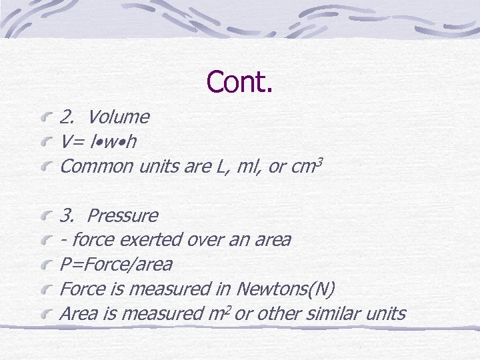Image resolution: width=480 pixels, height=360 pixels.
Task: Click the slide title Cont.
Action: (x=240, y=81)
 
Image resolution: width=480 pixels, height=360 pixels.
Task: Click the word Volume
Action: (x=119, y=117)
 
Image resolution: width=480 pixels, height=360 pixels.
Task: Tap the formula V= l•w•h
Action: (x=99, y=142)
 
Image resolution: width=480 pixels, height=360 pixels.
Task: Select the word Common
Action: (x=97, y=167)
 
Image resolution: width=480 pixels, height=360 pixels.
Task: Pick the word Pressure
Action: (x=123, y=216)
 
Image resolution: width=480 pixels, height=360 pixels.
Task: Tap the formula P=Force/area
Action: (x=116, y=265)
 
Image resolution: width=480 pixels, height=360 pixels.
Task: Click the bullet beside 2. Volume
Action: (x=45, y=119)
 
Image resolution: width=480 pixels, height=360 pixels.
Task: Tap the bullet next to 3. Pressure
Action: (x=45, y=217)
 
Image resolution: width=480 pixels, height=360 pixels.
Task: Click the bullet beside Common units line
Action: (x=45, y=167)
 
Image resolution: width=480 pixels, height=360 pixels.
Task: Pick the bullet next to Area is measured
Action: (x=45, y=315)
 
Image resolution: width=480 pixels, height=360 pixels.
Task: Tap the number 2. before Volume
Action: (x=67, y=117)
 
